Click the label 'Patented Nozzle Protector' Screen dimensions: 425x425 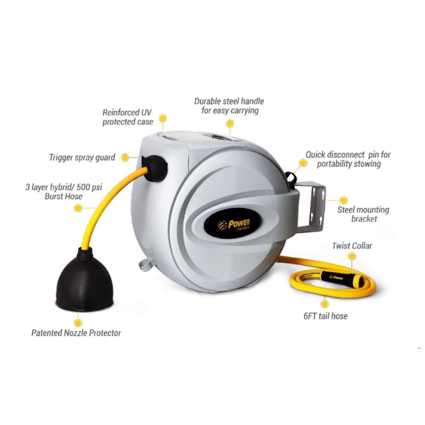click(76, 333)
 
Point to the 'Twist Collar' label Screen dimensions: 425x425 click(352, 246)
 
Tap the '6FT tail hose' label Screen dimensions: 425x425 click(326, 316)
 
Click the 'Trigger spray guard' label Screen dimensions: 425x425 click(82, 158)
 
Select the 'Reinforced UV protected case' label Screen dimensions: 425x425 click(127, 117)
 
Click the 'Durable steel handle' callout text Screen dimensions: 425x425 click(229, 106)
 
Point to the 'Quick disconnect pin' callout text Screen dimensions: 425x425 click(348, 160)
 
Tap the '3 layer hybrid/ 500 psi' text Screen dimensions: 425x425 click(64, 187)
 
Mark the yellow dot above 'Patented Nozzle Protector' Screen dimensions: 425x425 click(78, 322)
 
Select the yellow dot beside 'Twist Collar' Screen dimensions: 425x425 click(352, 257)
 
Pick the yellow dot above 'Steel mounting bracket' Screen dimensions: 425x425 click(343, 200)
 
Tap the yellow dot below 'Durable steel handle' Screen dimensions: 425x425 click(230, 123)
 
